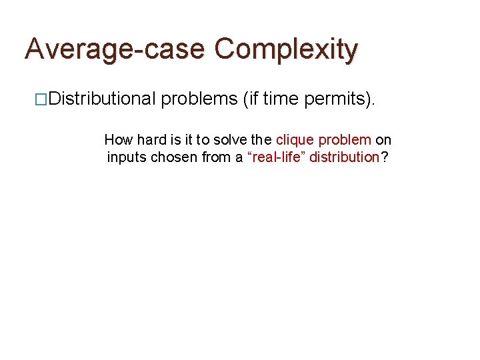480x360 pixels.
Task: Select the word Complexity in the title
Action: pos(286,49)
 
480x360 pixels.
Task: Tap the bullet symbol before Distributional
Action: pos(41,100)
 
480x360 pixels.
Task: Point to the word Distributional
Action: pos(102,99)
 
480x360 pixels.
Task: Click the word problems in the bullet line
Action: pos(199,99)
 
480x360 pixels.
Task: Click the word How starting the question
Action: pos(119,141)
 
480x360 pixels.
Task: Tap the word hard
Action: pos(150,141)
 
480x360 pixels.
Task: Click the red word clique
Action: pos(293,141)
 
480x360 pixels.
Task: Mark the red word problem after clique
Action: pos(345,141)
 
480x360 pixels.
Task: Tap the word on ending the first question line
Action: pos(384,141)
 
